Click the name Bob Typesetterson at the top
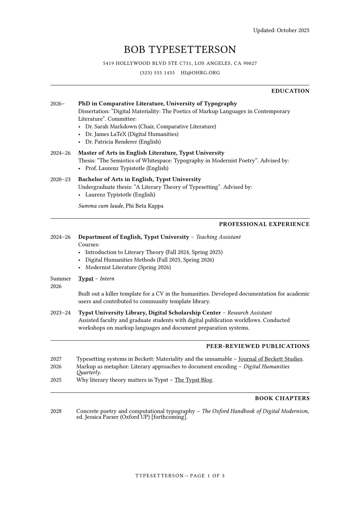(180, 50)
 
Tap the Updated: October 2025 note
(281, 30)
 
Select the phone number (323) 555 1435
(157, 73)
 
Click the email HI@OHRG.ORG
(200, 73)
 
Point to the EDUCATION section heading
(290, 91)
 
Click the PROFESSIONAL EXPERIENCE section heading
(264, 224)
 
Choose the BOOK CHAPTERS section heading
(282, 398)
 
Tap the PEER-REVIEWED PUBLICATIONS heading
(258, 346)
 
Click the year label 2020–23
(60, 179)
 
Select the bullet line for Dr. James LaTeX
(132, 134)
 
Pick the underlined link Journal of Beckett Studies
(270, 359)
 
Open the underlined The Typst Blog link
(193, 380)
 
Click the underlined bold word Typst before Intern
(86, 279)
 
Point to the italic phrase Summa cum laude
(101, 206)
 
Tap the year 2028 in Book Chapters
(56, 411)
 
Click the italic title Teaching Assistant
(218, 237)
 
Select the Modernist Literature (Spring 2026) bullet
(128, 267)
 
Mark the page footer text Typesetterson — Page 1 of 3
(180, 476)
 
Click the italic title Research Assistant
(250, 313)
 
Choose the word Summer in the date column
(60, 279)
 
